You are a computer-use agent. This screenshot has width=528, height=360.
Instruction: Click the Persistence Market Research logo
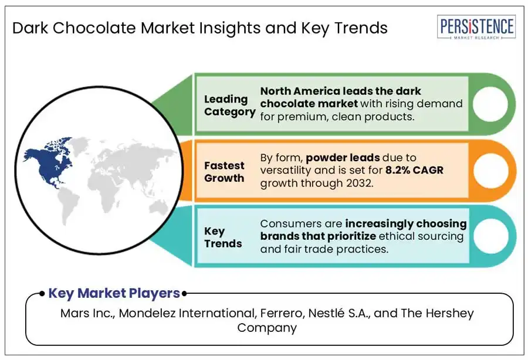[x=476, y=27]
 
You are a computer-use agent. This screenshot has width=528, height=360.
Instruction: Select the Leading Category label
[x=229, y=106]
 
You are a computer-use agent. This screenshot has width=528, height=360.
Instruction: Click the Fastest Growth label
[x=224, y=172]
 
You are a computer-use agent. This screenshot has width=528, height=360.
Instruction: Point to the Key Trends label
[x=223, y=237]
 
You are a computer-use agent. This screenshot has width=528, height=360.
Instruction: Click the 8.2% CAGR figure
[x=414, y=170]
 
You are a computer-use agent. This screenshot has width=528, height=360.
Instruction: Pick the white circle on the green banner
[x=490, y=104]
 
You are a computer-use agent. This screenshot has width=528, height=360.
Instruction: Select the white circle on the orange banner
[x=490, y=171]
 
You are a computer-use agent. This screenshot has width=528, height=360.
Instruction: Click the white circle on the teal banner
[x=490, y=236]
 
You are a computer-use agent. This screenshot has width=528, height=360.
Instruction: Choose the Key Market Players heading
[x=114, y=293]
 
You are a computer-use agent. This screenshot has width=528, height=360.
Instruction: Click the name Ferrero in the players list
[x=282, y=313]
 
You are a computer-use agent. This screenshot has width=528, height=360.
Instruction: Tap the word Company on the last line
[x=267, y=328]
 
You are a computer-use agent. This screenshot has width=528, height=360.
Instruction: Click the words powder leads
[x=343, y=158]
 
